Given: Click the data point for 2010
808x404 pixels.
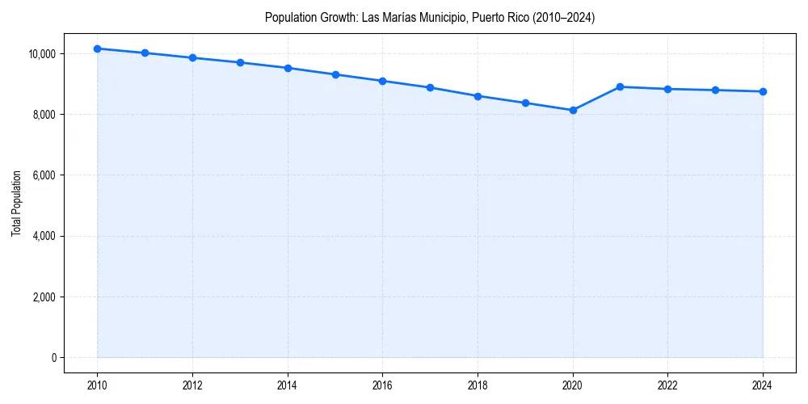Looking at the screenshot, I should (x=97, y=48).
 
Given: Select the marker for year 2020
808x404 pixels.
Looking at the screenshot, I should (x=573, y=110).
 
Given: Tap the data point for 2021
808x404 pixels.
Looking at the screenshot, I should (x=620, y=86).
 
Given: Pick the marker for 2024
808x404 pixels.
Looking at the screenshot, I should (x=763, y=91).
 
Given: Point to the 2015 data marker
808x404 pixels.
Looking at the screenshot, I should (x=335, y=74).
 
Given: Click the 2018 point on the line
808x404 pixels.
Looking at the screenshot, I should (x=478, y=96).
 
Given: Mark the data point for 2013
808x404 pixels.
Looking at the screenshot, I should (x=240, y=62).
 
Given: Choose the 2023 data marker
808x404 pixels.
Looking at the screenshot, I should (x=715, y=90).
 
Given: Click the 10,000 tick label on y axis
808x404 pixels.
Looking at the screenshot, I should (x=41, y=54).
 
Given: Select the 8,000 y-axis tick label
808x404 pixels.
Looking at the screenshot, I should (x=43, y=115).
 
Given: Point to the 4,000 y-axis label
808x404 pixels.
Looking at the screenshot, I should (x=43, y=236).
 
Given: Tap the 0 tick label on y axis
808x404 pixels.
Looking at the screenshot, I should (x=53, y=358).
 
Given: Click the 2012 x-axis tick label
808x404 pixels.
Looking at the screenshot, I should (x=192, y=385).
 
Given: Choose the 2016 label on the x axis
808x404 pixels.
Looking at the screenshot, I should (x=382, y=385).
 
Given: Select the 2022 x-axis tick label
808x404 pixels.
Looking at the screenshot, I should (x=667, y=385).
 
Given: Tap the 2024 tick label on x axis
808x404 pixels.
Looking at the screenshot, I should (x=763, y=385).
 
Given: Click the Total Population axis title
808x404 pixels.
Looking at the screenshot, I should (x=16, y=203).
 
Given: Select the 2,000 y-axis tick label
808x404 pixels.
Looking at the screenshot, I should (x=43, y=297).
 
